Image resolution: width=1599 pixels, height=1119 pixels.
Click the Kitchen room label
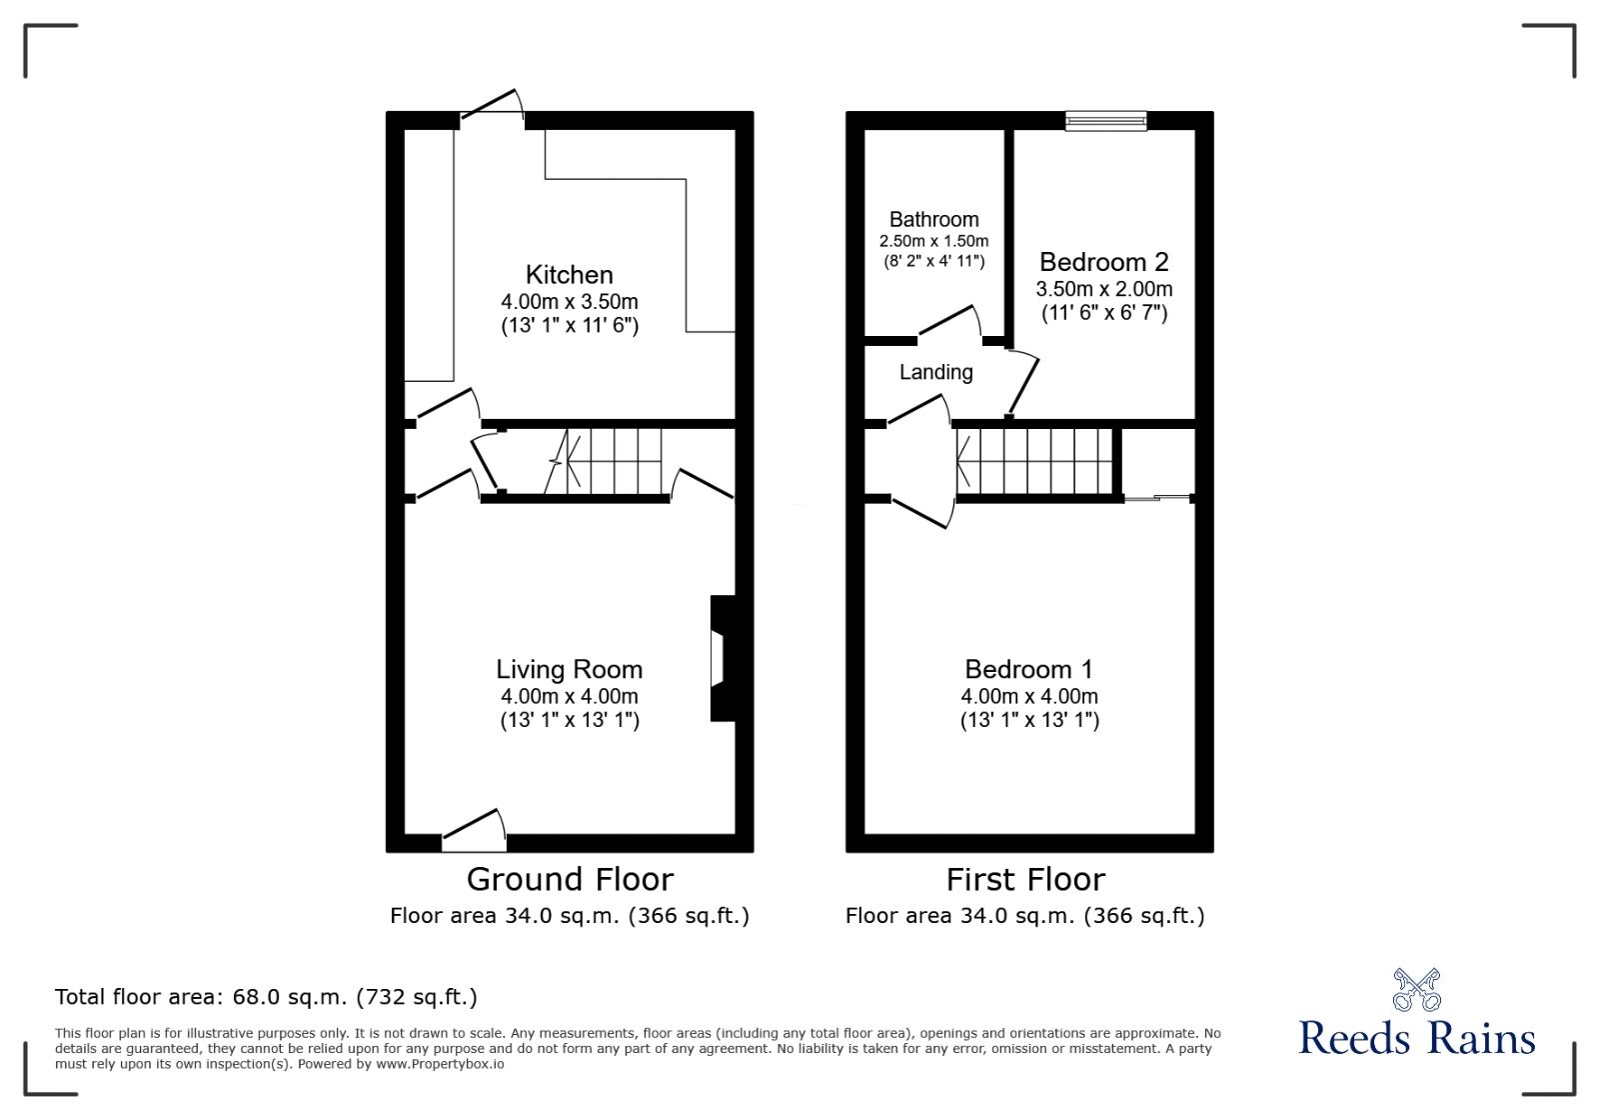[569, 275]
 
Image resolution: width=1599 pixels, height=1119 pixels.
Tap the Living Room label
[569, 669]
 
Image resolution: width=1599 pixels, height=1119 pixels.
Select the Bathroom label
[933, 220]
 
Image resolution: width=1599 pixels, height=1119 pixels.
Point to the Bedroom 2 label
[1103, 262]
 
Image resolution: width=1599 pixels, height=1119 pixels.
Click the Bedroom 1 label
[1028, 669]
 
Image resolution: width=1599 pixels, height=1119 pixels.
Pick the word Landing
[935, 372]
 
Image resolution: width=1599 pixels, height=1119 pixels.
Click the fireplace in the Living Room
[722, 658]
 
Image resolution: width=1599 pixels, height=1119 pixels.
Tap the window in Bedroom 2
[1105, 121]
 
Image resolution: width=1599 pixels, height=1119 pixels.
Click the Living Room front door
[474, 830]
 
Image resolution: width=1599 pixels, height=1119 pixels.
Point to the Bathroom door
[949, 322]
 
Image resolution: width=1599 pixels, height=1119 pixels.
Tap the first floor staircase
[1034, 461]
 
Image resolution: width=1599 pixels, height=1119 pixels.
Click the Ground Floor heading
[570, 880]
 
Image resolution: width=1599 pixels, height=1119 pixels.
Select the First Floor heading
[1025, 880]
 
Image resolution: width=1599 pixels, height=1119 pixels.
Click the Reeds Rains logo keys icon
[1416, 989]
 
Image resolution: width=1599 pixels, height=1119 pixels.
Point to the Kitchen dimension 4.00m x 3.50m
[569, 302]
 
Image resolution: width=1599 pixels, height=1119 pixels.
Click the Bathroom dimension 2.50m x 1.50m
[933, 241]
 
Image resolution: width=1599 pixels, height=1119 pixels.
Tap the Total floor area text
[266, 997]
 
